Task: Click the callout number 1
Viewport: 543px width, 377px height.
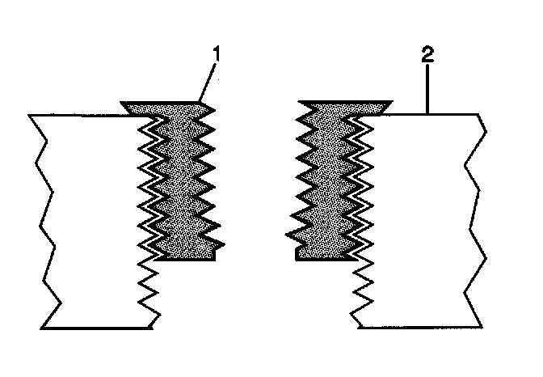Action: (216, 55)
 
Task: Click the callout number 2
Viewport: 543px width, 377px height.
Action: (427, 56)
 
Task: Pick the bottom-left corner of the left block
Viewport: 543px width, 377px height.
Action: (42, 328)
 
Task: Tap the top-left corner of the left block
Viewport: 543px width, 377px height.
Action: (30, 116)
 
